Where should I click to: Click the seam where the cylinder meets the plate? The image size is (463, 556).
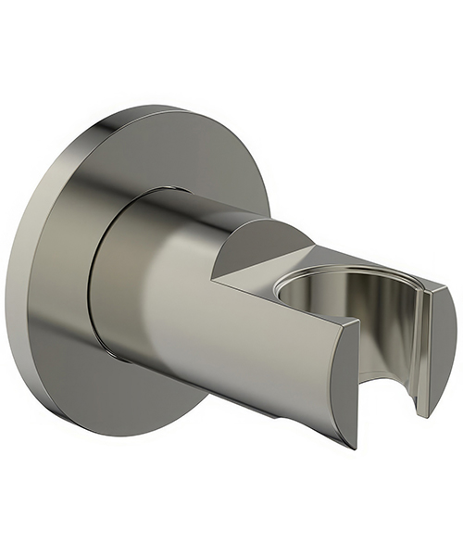point(96,278)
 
